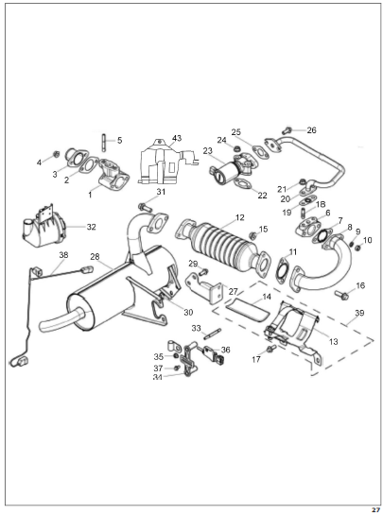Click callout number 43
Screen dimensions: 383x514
(177, 138)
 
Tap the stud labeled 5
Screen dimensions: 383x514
(104, 142)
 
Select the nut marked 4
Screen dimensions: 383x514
(56, 153)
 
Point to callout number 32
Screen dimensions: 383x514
(91, 227)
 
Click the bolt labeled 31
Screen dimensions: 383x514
(145, 207)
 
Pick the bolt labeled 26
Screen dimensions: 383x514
(287, 130)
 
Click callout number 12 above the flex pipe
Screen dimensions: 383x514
(240, 217)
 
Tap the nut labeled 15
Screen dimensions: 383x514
(253, 235)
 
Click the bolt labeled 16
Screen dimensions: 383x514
(341, 295)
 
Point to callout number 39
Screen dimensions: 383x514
(359, 313)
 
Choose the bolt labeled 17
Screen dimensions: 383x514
(270, 349)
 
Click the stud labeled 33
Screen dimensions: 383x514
(212, 334)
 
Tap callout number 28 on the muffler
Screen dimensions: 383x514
(95, 257)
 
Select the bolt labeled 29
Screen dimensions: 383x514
(203, 271)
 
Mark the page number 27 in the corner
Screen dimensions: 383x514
(375, 510)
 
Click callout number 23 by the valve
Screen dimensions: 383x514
(208, 151)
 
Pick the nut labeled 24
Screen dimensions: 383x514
(235, 149)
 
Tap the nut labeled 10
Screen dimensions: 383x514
(357, 248)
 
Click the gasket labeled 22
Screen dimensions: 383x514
(242, 183)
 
